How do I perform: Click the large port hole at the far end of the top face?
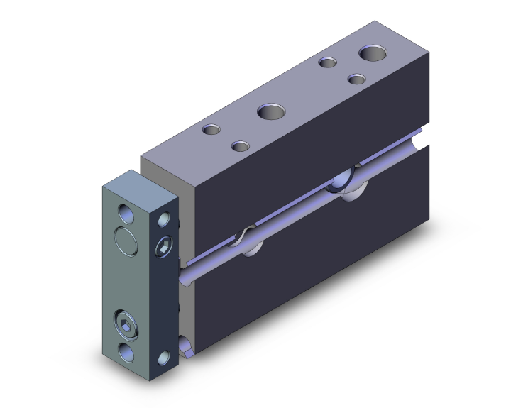372,53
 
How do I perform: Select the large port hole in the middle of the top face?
270,111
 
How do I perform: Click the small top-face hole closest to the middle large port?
241,146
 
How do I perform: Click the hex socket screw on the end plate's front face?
126,328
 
